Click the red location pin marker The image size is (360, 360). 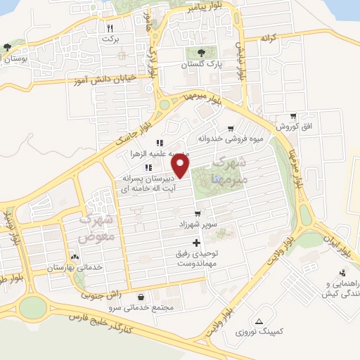181,166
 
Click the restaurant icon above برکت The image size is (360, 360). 110,29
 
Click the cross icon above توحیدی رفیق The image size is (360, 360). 195,243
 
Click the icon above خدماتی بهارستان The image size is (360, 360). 75,258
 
